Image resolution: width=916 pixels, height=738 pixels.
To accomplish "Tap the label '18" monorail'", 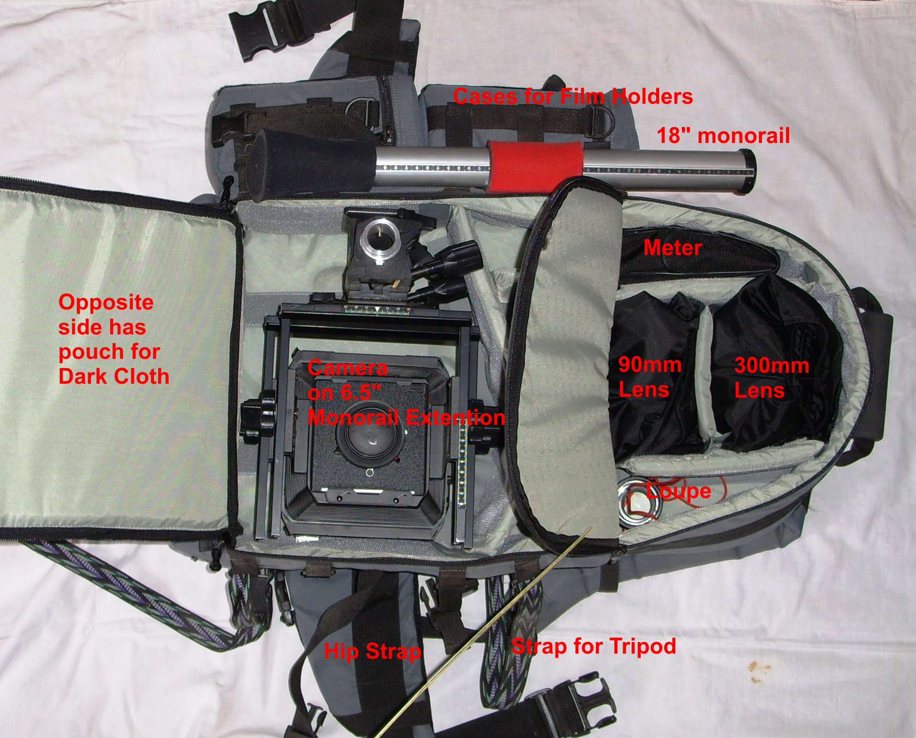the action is point(723,136).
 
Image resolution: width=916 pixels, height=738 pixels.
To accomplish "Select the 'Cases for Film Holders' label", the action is point(573,97).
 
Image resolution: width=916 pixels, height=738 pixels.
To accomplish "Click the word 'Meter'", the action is point(673,248).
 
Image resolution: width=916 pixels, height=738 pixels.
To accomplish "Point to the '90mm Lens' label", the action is point(650,377).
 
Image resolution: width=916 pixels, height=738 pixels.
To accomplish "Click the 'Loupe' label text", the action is point(678,492).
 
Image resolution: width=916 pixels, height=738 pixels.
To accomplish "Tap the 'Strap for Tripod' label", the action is point(594,646).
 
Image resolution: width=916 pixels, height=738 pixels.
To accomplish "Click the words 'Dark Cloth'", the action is point(114,377).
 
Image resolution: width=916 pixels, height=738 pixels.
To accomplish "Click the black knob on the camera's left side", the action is point(253,418).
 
